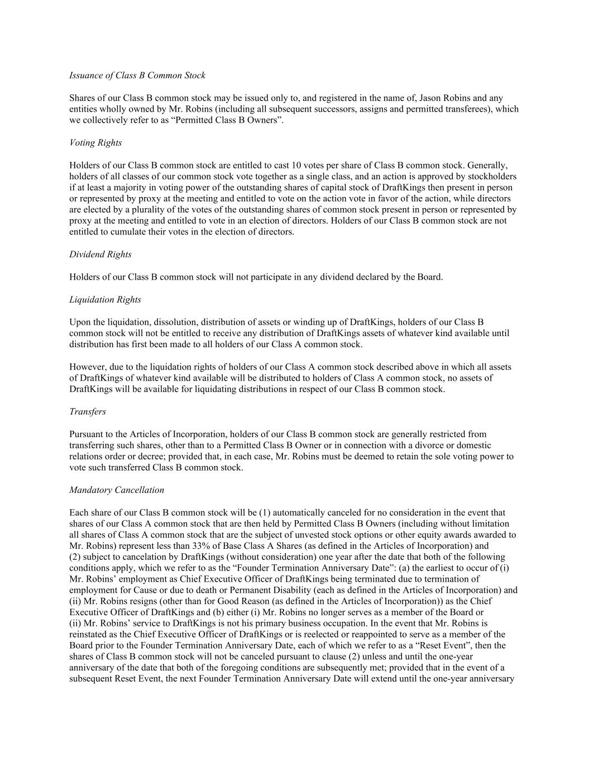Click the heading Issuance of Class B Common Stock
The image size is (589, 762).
(x=137, y=75)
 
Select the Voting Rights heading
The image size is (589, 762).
(x=95, y=143)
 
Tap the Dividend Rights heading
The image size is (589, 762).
(x=100, y=255)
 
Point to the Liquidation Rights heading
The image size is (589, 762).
(x=105, y=300)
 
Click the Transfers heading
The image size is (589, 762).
(x=88, y=412)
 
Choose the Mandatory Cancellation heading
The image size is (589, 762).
(x=117, y=490)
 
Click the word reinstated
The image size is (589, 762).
(x=90, y=635)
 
